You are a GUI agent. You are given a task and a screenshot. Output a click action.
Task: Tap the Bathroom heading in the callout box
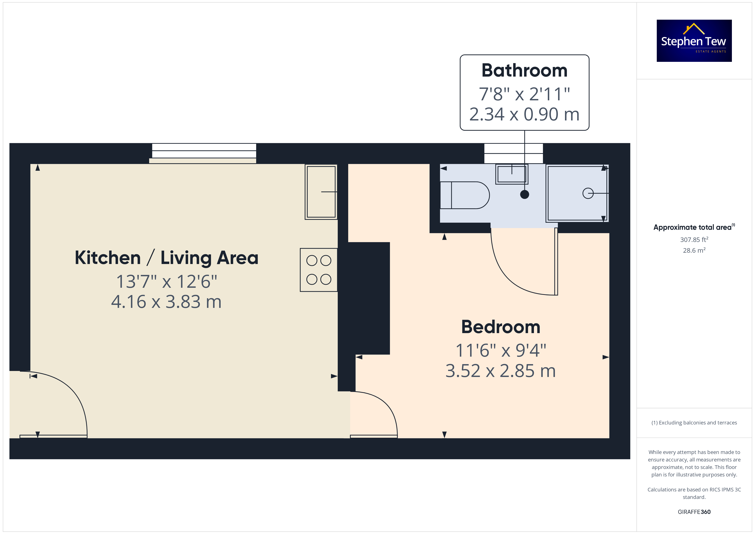pyautogui.click(x=525, y=70)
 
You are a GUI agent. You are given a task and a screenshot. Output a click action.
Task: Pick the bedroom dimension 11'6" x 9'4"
pyautogui.click(x=501, y=350)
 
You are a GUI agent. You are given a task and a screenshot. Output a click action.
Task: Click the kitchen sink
pyautogui.click(x=321, y=192)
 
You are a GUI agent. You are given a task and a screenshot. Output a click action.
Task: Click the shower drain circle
pyautogui.click(x=588, y=193)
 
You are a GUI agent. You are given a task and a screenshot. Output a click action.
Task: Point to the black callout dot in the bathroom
pyautogui.click(x=525, y=194)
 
